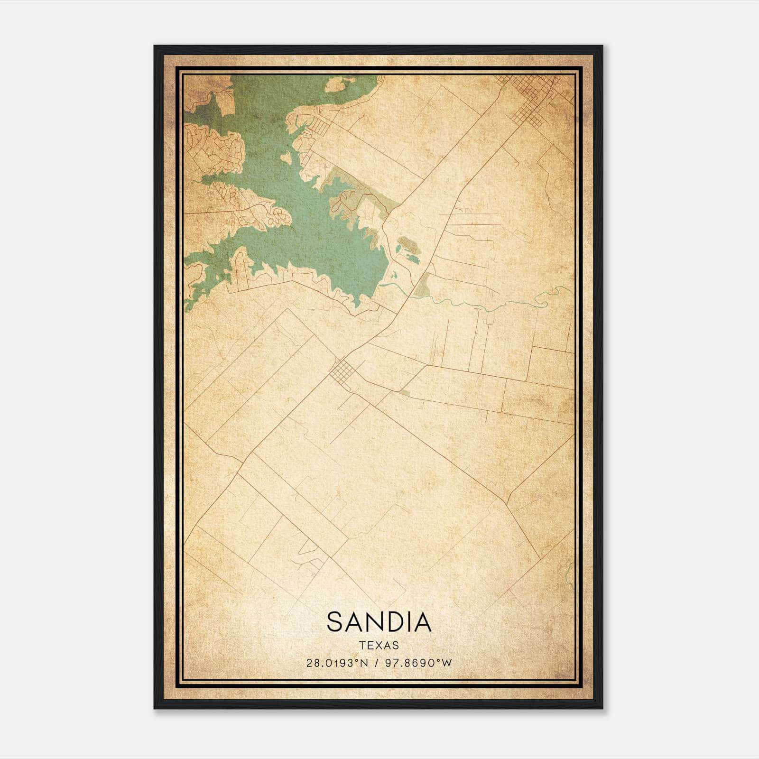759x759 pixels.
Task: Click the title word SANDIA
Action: click(379, 622)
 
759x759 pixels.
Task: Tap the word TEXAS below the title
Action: click(379, 646)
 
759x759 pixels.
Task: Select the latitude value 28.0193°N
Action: click(337, 663)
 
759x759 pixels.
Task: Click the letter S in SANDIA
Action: click(334, 622)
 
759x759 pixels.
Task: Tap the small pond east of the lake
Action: click(412, 259)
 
